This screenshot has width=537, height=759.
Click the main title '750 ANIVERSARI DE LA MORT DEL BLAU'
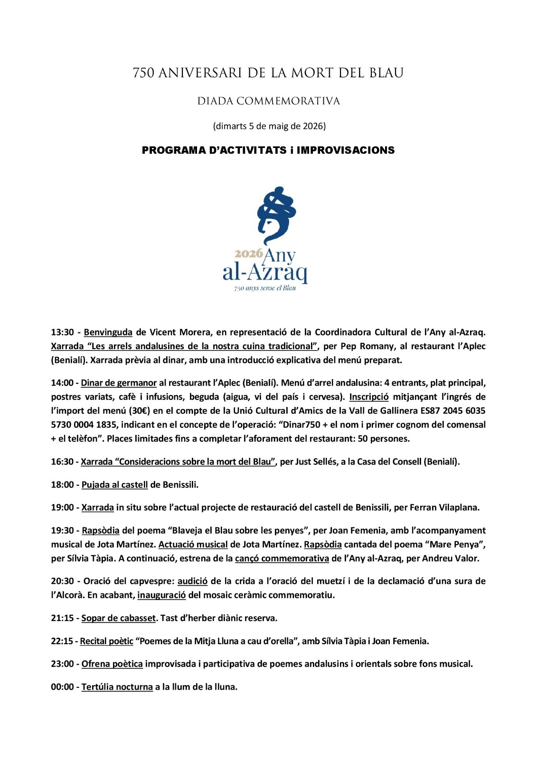click(268, 73)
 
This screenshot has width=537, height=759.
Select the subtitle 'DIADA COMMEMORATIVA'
click(268, 101)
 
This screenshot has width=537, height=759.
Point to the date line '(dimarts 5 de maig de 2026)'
click(268, 126)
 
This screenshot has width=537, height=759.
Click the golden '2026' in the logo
click(248, 253)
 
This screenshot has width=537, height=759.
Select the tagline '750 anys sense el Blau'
click(265, 288)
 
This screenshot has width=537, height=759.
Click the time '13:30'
click(62, 332)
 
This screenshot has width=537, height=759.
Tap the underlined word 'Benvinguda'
click(108, 332)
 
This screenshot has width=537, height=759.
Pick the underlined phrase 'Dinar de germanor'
click(119, 383)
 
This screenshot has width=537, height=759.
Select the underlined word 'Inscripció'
click(369, 397)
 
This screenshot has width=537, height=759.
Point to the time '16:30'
click(62, 462)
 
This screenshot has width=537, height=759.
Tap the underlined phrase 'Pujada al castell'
click(114, 485)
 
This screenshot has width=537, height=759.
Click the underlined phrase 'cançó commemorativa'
click(282, 558)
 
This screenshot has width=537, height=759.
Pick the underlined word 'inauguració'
click(161, 595)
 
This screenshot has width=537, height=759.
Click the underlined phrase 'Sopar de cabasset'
click(118, 618)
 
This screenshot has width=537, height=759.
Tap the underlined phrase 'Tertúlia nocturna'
click(117, 687)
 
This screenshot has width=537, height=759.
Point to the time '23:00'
click(62, 664)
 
